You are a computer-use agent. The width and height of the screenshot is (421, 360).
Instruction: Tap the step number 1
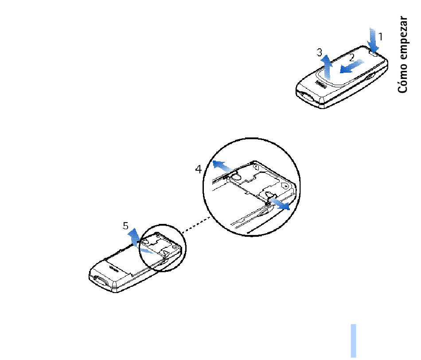pos(381,36)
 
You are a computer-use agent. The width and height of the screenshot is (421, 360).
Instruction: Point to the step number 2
pos(352,58)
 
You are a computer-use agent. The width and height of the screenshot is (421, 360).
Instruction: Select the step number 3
pos(319,52)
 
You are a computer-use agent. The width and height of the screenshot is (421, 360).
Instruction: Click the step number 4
pos(199,169)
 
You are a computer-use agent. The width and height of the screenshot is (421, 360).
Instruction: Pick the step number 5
pos(125,226)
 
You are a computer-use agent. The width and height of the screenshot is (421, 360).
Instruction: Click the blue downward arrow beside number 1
pos(373,40)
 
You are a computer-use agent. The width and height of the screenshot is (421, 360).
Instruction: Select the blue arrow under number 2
pos(352,67)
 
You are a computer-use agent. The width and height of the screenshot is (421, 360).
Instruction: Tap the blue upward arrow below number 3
pos(327,67)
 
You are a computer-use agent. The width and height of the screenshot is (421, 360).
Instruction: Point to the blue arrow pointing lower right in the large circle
pos(280,204)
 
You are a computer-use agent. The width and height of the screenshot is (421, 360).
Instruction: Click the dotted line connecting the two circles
pos(196,225)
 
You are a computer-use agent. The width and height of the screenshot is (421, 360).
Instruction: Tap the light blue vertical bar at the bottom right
pos(353,341)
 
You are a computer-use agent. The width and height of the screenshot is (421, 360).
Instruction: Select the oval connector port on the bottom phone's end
pos(100,281)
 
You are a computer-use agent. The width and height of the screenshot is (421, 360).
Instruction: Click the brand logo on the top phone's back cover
pos(321,84)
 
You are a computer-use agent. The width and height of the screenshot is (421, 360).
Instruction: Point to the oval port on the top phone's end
pos(306,97)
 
